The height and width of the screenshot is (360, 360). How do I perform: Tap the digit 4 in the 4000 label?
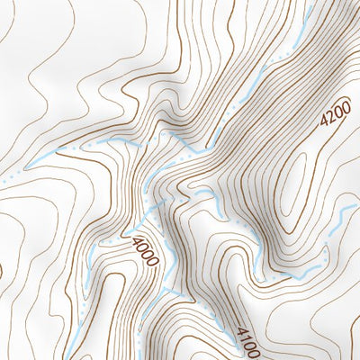pos(136,241)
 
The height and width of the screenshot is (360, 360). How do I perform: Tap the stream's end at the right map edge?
pos(357,205)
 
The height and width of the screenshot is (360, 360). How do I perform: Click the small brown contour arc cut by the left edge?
pos(3,270)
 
